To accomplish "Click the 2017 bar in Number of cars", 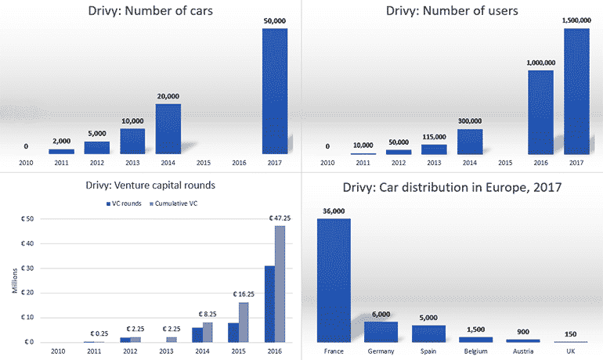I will pyautogui.click(x=274, y=91).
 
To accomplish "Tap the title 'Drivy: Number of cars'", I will pyautogui.click(x=151, y=11).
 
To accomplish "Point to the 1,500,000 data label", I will pyautogui.click(x=576, y=21).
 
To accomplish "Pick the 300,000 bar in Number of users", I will pyautogui.click(x=469, y=142).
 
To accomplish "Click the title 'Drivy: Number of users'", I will pyautogui.click(x=453, y=11).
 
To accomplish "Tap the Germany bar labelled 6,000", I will pyautogui.click(x=381, y=332).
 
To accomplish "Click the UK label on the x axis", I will pyautogui.click(x=570, y=350).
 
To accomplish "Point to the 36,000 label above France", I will pyautogui.click(x=334, y=211).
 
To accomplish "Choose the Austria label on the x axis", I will pyautogui.click(x=522, y=350).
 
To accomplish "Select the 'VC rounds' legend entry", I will pyautogui.click(x=125, y=205).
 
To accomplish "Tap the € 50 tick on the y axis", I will pyautogui.click(x=28, y=219).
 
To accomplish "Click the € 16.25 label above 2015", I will pyautogui.click(x=243, y=295).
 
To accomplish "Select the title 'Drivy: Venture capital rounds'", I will pyautogui.click(x=150, y=185).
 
